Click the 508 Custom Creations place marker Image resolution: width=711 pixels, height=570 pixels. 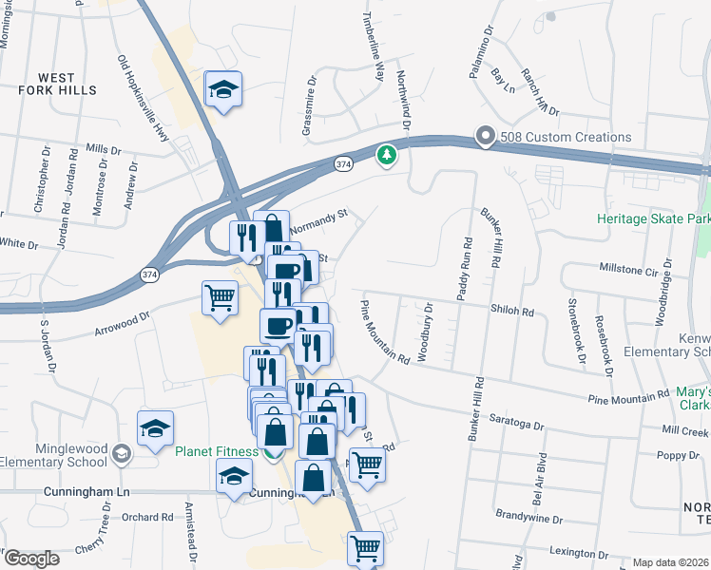pyautogui.click(x=486, y=137)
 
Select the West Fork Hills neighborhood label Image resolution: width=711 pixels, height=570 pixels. pyautogui.click(x=57, y=83)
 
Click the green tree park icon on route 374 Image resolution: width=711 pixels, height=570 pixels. pyautogui.click(x=386, y=154)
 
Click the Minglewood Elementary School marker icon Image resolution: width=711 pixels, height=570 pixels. pyautogui.click(x=121, y=453)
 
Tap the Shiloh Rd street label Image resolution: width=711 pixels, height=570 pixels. pyautogui.click(x=512, y=311)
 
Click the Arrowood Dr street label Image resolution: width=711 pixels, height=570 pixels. pyautogui.click(x=123, y=325)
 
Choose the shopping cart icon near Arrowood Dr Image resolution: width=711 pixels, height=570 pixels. pyautogui.click(x=220, y=298)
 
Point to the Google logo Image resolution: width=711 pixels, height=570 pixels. pyautogui.click(x=31, y=559)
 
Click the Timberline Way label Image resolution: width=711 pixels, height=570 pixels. pyautogui.click(x=374, y=47)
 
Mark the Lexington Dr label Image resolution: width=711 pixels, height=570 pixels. pyautogui.click(x=577, y=552)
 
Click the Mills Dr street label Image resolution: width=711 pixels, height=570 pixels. pyautogui.click(x=104, y=149)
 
